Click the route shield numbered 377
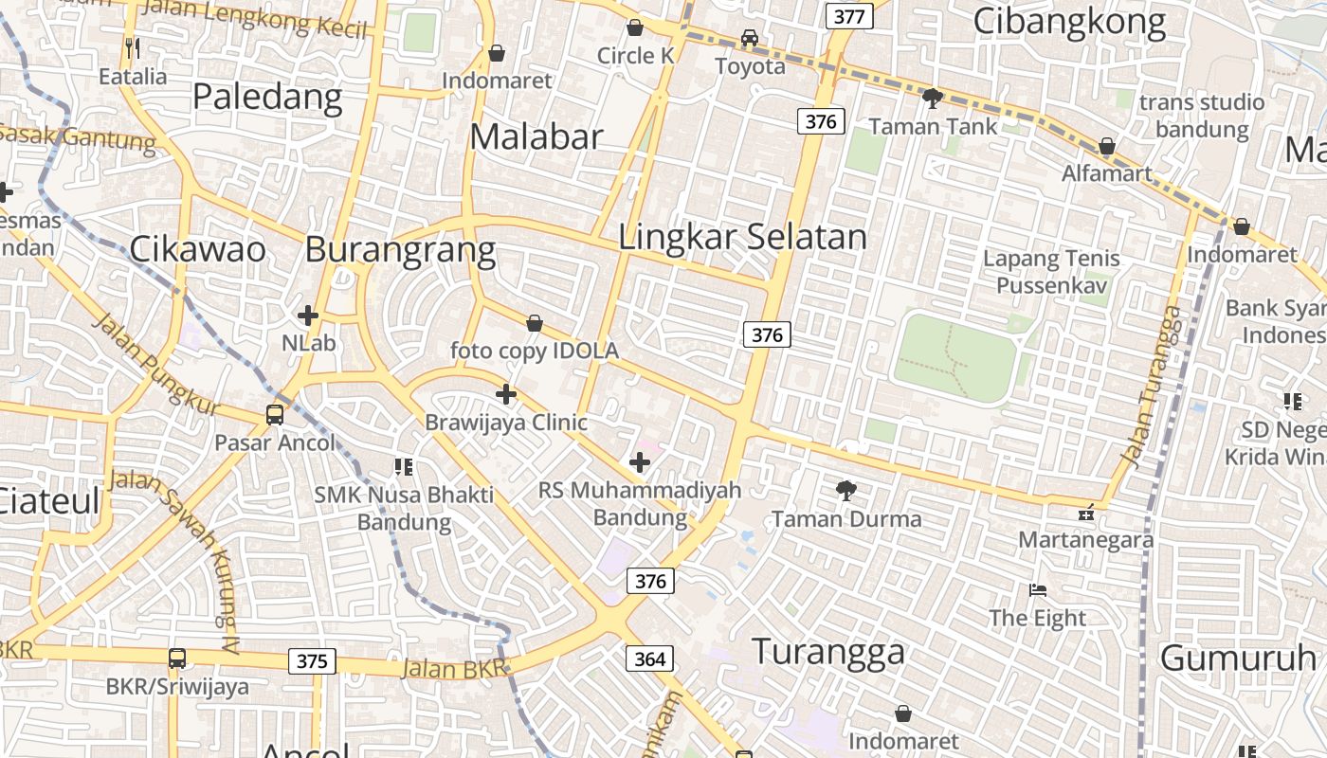849,16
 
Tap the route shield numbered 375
312,660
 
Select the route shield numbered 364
649,658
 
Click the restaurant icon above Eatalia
133,47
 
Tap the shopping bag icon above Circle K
635,27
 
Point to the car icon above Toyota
750,38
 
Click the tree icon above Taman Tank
933,98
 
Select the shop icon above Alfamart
1106,146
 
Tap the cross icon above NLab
308,315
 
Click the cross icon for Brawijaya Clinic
506,393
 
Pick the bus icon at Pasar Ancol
274,414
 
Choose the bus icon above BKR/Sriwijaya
177,658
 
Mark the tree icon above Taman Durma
846,491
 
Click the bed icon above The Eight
1038,590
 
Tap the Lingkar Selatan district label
742,237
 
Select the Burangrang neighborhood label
400,250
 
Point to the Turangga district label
828,652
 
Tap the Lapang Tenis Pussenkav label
1051,271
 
